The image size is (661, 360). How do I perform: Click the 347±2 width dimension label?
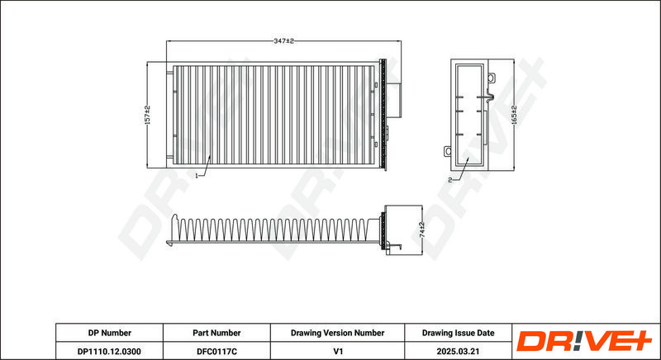pos(283,40)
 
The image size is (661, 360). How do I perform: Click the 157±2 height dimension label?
pos(147,115)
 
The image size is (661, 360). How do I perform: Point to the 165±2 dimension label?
pos(513,115)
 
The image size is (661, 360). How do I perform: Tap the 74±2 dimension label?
pos(422,230)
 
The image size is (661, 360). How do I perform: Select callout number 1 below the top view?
pos(197,176)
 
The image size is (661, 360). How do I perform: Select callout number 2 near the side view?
pos(449,180)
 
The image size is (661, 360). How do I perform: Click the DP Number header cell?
pos(110,333)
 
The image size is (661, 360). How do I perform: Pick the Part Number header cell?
pos(216,333)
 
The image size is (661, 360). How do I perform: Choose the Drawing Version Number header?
pos(337,333)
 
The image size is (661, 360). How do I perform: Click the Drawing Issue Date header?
pos(459,333)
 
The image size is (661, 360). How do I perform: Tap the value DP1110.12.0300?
pos(110,351)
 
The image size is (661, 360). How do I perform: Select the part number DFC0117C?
pos(216,351)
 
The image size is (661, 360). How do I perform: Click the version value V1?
pos(337,351)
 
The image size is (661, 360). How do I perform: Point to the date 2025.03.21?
pos(459,351)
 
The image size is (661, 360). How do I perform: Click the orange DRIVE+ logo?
pos(584,341)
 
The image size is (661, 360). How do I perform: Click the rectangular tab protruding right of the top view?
pos(394,100)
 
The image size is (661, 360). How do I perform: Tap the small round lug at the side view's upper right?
pos(491,78)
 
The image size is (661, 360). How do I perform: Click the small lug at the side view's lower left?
pos(447,151)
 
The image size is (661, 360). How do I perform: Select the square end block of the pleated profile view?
pos(403,230)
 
